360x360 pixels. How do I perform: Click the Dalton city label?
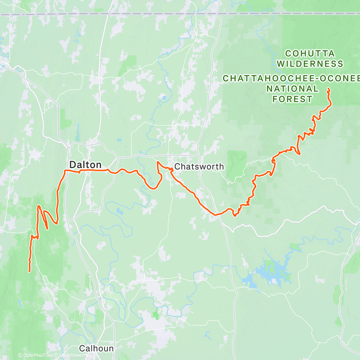pos(85,165)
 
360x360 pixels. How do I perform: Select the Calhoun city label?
pos(96,348)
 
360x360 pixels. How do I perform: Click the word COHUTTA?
pos(310,54)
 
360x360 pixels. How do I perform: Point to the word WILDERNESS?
pos(310,64)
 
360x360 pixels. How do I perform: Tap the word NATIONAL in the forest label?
pos(292,89)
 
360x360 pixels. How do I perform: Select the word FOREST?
pos(292,99)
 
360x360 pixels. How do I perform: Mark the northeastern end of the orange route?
pos(328,89)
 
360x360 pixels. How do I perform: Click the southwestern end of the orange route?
pos(29,271)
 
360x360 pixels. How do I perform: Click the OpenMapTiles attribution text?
pos(35,356)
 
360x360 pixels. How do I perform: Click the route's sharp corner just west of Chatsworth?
pos(158,162)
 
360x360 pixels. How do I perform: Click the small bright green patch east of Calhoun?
pos(156,315)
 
